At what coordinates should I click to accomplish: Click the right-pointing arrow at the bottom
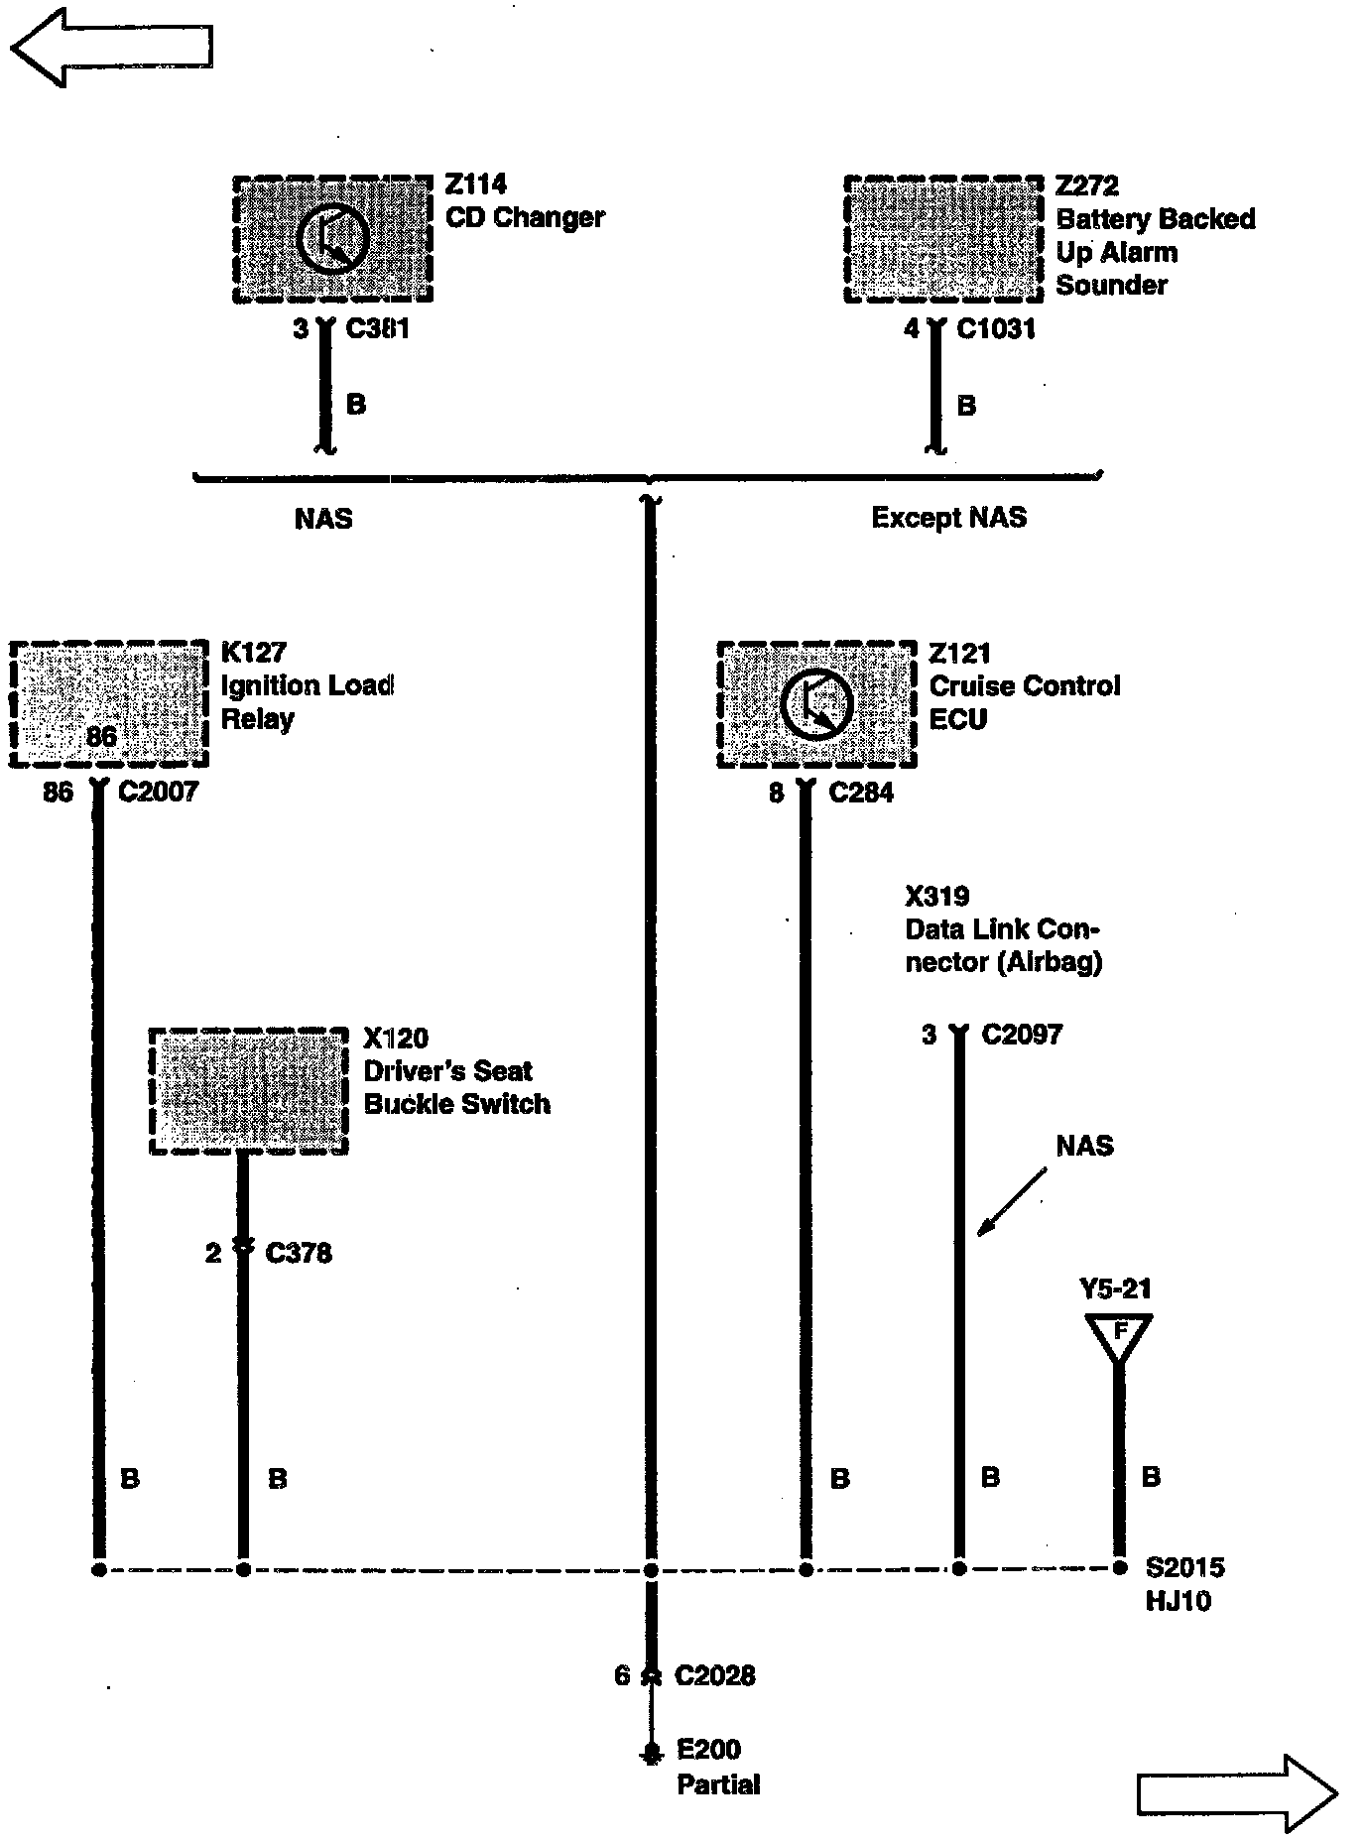click(x=1236, y=1792)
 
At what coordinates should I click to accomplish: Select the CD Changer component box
click(x=332, y=239)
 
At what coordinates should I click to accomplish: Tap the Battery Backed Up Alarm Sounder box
click(x=943, y=239)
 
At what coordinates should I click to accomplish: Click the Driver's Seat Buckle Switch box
click(x=248, y=1091)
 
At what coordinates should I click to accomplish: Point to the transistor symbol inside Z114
click(x=332, y=239)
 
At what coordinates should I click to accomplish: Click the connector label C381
click(x=377, y=328)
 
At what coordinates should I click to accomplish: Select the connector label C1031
click(x=996, y=328)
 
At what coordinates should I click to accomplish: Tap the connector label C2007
click(x=158, y=792)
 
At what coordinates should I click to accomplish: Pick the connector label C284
click(x=861, y=793)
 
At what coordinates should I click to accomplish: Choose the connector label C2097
click(x=1022, y=1035)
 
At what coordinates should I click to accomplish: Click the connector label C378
click(x=299, y=1253)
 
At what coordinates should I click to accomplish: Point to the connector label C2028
click(x=714, y=1675)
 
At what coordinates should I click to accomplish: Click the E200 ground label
click(x=708, y=1749)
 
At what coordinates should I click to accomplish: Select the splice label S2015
click(x=1184, y=1567)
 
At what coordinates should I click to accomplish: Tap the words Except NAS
click(x=948, y=517)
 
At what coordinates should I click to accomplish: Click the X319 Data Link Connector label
click(x=1002, y=929)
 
